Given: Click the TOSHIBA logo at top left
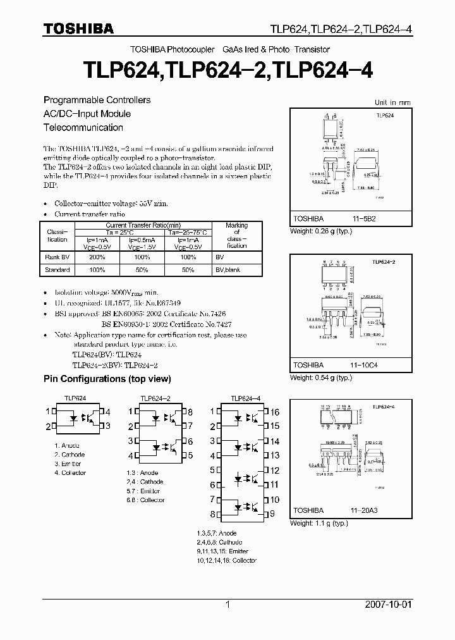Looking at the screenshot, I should pyautogui.click(x=79, y=28).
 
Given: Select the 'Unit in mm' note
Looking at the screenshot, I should pyautogui.click(x=392, y=102).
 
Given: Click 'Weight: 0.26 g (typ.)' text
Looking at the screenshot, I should pyautogui.click(x=320, y=231).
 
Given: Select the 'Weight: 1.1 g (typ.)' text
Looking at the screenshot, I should pyautogui.click(x=318, y=524).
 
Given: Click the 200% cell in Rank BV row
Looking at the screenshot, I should pyautogui.click(x=97, y=258).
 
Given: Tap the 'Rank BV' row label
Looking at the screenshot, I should pyautogui.click(x=57, y=258).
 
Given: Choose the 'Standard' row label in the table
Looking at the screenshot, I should pyautogui.click(x=57, y=270).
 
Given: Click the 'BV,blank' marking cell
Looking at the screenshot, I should pyautogui.click(x=228, y=270).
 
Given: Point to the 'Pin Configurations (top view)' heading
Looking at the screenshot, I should pyautogui.click(x=107, y=379).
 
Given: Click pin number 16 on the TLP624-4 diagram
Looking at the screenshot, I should pyautogui.click(x=274, y=412).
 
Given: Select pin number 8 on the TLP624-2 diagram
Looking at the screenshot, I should pyautogui.click(x=190, y=412).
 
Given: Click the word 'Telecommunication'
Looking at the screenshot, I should pyautogui.click(x=83, y=128).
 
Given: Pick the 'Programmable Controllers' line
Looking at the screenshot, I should pyautogui.click(x=97, y=101).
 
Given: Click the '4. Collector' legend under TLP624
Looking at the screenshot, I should pyautogui.click(x=70, y=473).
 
